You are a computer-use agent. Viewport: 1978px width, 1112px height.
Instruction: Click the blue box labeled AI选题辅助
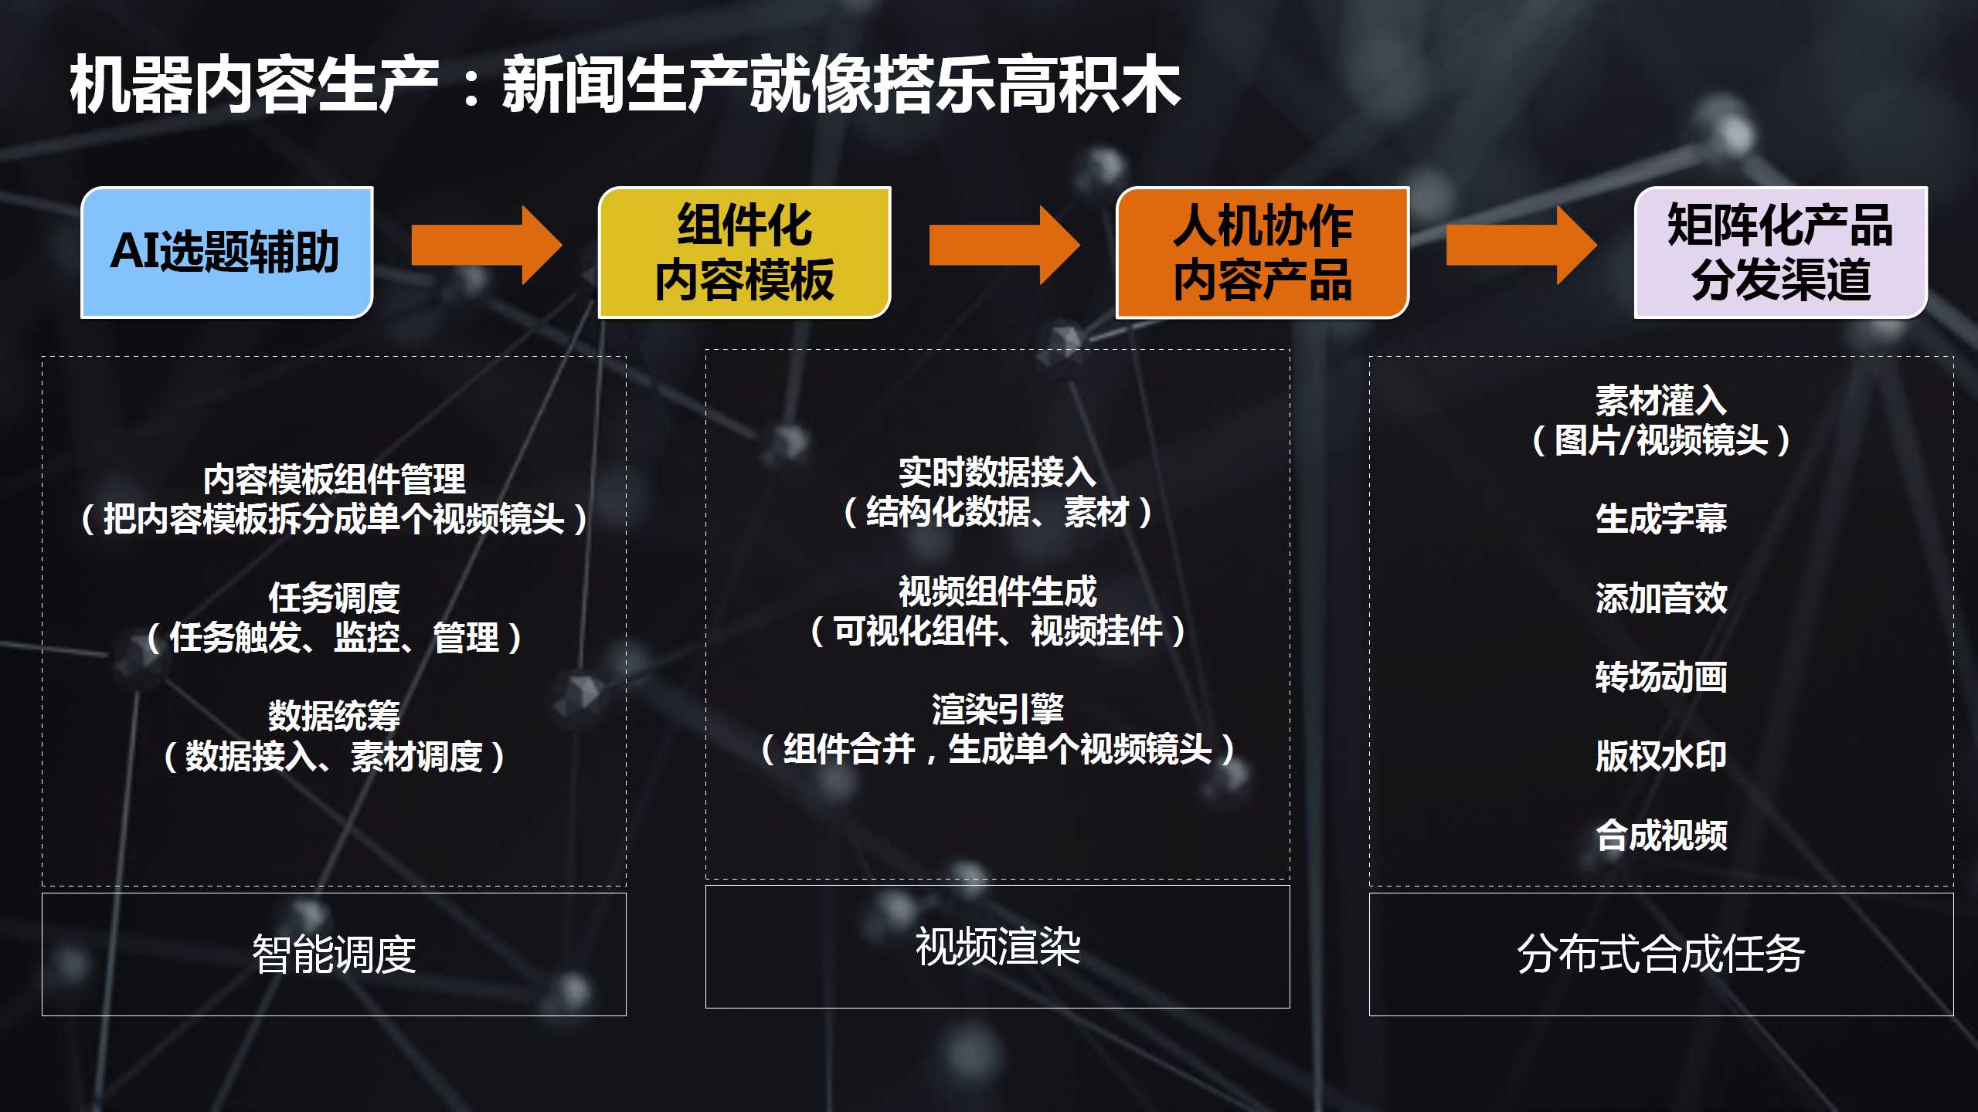[x=227, y=252]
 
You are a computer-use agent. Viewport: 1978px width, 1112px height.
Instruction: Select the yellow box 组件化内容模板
[x=745, y=252]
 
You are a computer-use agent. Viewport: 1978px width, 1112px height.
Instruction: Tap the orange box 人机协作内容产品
[x=1263, y=252]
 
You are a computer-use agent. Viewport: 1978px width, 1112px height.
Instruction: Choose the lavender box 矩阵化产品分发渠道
[x=1781, y=252]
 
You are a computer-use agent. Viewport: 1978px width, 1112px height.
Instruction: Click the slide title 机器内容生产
[x=254, y=85]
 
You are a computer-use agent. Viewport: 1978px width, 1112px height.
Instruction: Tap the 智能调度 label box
[x=334, y=954]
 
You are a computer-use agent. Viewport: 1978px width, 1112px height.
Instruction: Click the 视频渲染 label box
[x=997, y=947]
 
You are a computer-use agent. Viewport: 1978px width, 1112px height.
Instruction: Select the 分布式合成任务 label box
[x=1661, y=954]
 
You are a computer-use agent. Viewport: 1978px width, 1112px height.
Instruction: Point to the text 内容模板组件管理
[x=334, y=480]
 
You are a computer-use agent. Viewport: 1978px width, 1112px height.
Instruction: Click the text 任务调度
[x=334, y=598]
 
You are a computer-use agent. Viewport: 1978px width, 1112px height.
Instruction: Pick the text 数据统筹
[x=334, y=716]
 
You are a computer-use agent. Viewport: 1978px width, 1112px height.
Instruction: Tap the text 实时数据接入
[x=997, y=472]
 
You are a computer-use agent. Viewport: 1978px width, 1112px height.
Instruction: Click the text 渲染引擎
[x=997, y=709]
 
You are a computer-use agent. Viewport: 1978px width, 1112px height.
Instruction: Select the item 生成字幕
[x=1661, y=518]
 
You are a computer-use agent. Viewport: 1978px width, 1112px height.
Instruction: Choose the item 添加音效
[x=1661, y=598]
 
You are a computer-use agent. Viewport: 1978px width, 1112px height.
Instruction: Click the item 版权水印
[x=1661, y=756]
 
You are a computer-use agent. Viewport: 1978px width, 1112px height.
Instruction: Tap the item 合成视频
[x=1661, y=835]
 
